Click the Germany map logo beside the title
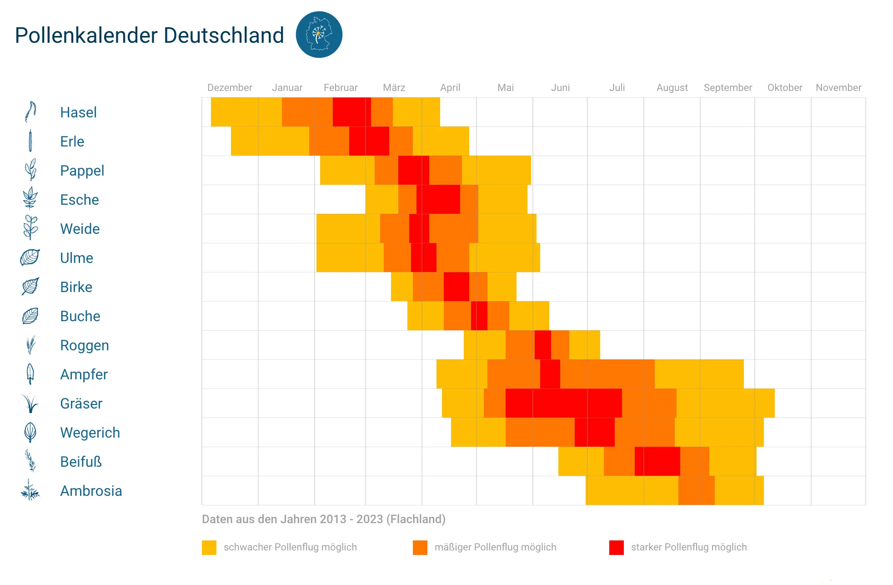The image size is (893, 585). (x=319, y=35)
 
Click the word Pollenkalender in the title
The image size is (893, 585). (x=87, y=35)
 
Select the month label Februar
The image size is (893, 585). (x=340, y=87)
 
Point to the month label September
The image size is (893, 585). (x=727, y=87)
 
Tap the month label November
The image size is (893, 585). (x=838, y=87)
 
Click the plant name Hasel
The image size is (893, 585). (x=78, y=112)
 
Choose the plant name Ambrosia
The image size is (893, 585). (x=91, y=491)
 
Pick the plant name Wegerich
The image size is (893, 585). (x=90, y=433)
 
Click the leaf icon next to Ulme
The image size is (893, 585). (x=30, y=257)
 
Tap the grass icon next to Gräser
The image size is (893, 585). (x=30, y=403)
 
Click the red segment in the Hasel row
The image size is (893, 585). (x=351, y=112)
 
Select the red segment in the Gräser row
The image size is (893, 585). (x=563, y=403)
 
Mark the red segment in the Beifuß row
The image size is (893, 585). (x=657, y=461)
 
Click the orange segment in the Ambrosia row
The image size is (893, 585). (x=696, y=490)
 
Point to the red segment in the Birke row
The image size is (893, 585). (x=456, y=287)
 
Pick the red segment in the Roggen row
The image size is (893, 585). (x=542, y=345)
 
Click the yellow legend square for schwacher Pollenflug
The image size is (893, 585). (x=209, y=547)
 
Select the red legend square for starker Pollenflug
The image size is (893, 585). (x=616, y=547)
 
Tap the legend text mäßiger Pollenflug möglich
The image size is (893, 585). (x=495, y=547)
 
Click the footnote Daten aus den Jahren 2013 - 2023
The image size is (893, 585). (x=323, y=519)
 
